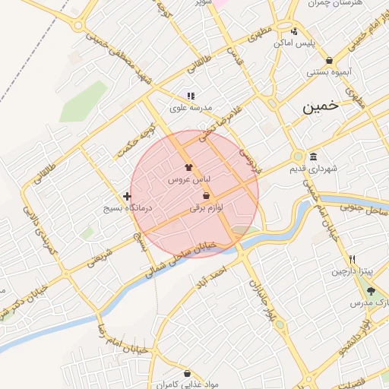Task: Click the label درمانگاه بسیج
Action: click(128, 207)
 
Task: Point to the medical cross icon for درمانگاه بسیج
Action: click(127, 196)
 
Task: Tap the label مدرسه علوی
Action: click(190, 108)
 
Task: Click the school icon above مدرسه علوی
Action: click(191, 96)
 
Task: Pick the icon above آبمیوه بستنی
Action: click(328, 61)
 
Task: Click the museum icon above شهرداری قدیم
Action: click(313, 156)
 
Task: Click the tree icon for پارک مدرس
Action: click(371, 291)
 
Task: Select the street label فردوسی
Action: click(250, 160)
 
